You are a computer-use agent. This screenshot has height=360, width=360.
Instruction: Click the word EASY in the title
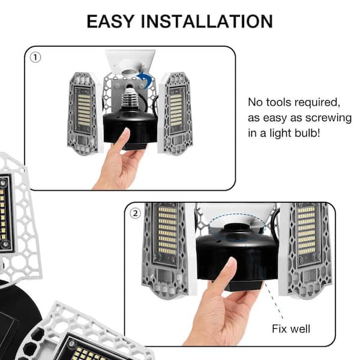[110, 22]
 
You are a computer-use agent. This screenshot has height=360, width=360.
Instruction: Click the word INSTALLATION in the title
[206, 22]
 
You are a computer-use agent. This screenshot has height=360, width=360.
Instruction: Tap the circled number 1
[35, 57]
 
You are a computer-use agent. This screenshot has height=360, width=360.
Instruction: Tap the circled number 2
[135, 213]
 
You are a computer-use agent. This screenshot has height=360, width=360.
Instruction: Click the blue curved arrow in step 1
[146, 79]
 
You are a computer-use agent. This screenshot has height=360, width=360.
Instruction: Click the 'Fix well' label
[291, 329]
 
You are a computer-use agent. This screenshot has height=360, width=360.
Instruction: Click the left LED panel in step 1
[83, 113]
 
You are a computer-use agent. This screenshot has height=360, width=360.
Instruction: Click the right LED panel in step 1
[175, 113]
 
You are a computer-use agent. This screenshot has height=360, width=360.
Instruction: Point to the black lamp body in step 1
[131, 130]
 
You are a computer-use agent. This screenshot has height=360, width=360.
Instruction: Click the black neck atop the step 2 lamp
[236, 229]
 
